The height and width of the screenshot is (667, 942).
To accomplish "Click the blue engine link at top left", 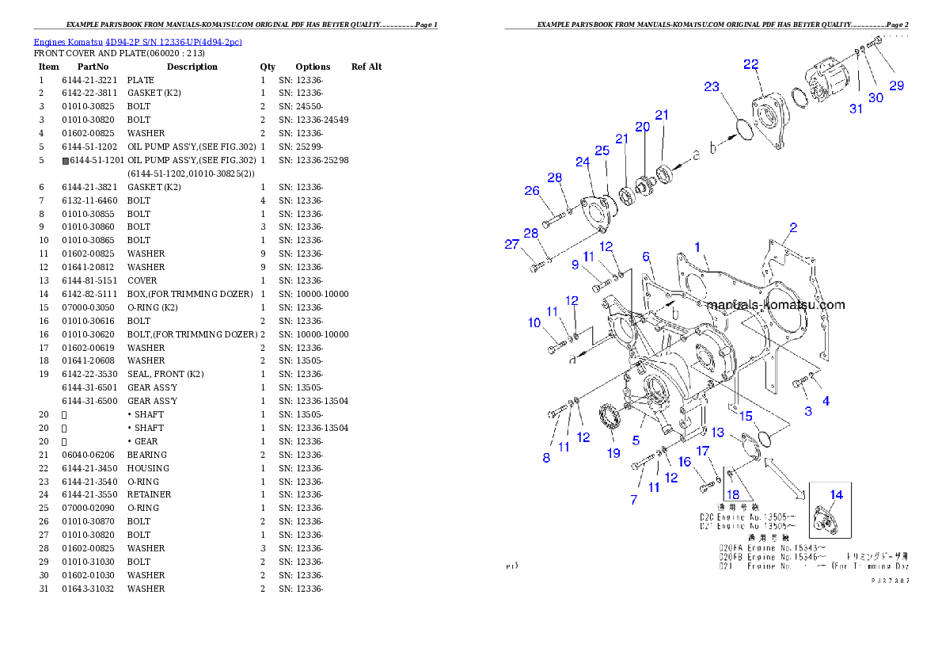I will click(x=137, y=41).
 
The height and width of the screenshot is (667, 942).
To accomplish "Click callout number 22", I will click(x=750, y=64).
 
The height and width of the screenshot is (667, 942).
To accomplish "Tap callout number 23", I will click(x=712, y=87).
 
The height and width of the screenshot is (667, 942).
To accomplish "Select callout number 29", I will click(x=896, y=86).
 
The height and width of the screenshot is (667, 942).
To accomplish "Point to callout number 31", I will click(x=856, y=109).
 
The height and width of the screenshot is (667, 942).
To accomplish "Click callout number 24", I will click(x=583, y=162).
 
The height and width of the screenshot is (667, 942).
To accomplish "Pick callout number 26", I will click(x=532, y=190).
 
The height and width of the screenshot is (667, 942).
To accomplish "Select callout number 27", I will click(x=512, y=245).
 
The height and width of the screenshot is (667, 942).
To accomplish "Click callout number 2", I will click(x=793, y=227).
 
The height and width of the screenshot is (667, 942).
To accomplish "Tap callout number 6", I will click(x=646, y=257).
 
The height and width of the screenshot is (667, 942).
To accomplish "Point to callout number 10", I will click(x=535, y=322).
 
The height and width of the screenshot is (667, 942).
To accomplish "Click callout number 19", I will click(x=613, y=453).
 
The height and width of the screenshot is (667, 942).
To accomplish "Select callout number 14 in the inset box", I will click(x=836, y=494).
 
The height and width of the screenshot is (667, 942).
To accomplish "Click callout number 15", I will click(x=746, y=415).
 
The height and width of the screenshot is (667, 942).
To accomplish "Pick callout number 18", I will click(x=733, y=495).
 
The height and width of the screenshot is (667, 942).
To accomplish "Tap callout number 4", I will click(x=826, y=401).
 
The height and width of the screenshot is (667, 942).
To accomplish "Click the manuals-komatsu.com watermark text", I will click(x=775, y=305).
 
